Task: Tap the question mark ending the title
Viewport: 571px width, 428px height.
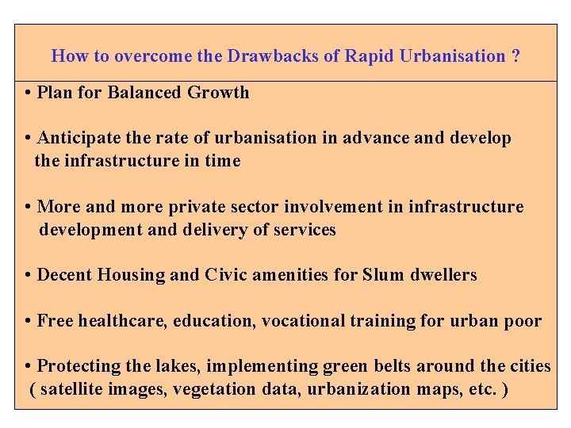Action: (516, 56)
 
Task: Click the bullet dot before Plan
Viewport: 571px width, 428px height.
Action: (28, 93)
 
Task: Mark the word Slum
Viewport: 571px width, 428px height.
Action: (383, 275)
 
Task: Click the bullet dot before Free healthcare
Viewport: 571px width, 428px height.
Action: (28, 321)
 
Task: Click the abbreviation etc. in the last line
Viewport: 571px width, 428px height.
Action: (480, 389)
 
